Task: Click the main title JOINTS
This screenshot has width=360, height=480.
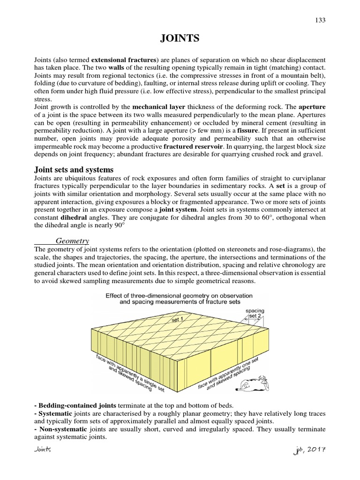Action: pyautogui.click(x=180, y=39)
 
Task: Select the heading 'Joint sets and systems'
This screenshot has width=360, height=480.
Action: pyautogui.click(x=74, y=169)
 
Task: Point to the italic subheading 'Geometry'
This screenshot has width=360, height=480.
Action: pyautogui.click(x=72, y=240)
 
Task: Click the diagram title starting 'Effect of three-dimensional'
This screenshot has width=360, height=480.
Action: pyautogui.click(x=179, y=299)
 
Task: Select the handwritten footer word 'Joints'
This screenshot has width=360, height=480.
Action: pyautogui.click(x=43, y=450)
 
